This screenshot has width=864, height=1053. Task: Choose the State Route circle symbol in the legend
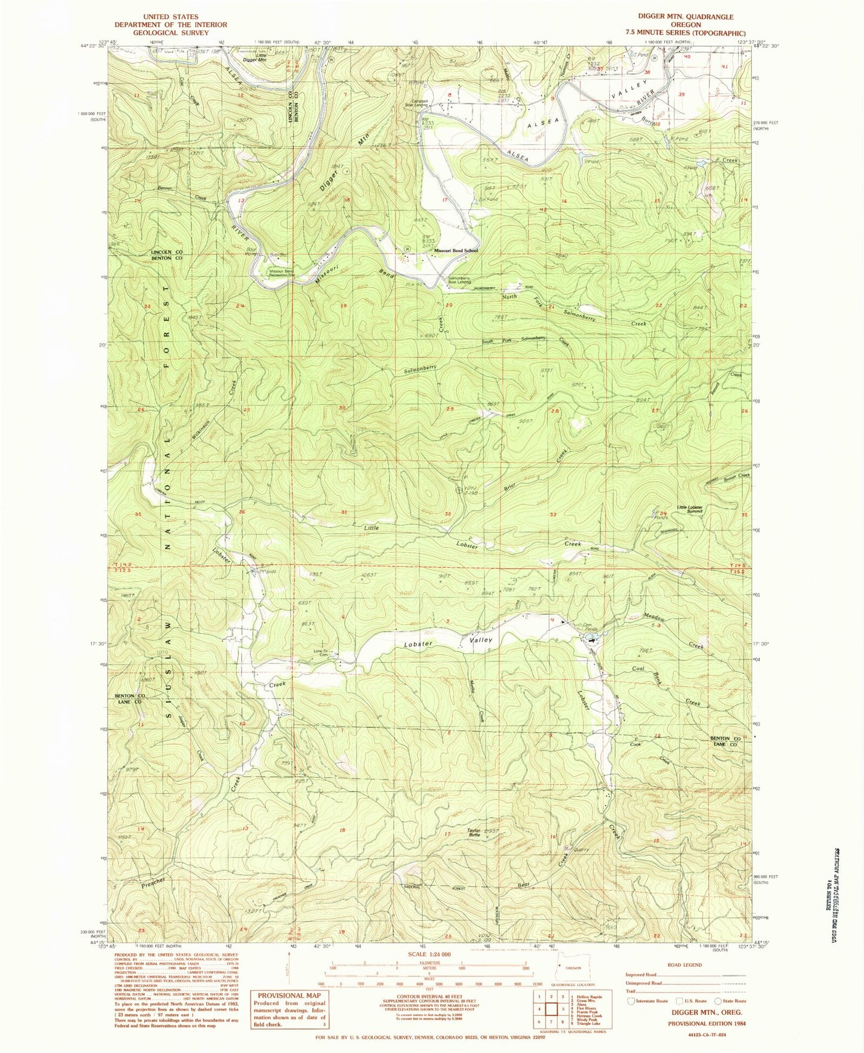[x=718, y=1001]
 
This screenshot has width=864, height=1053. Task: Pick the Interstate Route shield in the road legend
[x=631, y=1001]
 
